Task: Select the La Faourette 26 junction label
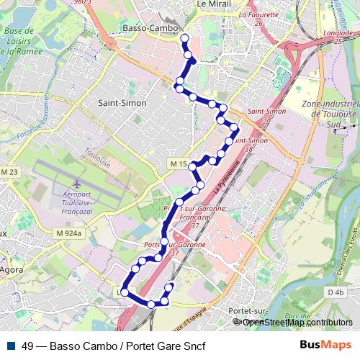258,18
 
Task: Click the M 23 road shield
9,172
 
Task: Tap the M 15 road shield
179,165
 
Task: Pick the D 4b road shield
334,292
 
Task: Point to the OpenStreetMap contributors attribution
297,323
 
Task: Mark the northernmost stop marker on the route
184,38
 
